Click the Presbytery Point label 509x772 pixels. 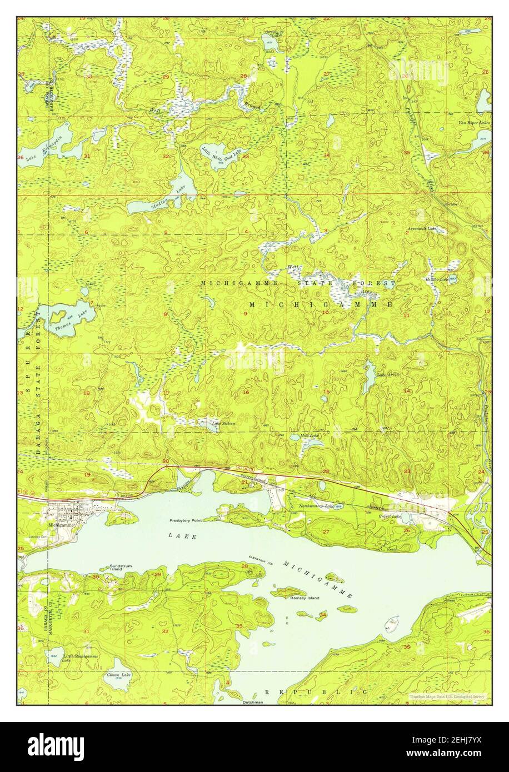click(186, 520)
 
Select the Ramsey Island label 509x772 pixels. click(305, 598)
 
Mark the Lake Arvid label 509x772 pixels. click(388, 375)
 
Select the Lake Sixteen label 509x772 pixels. click(223, 423)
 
